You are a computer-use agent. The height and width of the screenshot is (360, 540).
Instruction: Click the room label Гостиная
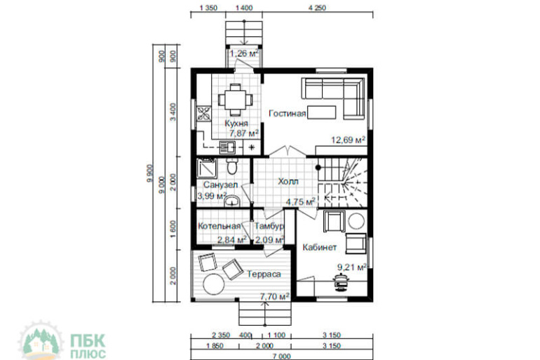click(x=287, y=114)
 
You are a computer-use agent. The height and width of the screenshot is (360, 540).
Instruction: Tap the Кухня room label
click(x=236, y=124)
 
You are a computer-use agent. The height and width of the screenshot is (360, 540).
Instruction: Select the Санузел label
click(x=220, y=185)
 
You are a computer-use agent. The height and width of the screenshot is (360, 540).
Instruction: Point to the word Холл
click(x=288, y=181)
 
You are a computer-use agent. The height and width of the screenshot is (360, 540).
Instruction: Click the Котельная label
click(x=219, y=226)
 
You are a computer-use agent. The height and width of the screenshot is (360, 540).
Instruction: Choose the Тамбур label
click(x=269, y=226)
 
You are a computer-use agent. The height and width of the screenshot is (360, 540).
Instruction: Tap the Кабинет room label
click(x=320, y=247)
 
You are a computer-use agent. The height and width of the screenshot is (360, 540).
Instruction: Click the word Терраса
click(x=264, y=274)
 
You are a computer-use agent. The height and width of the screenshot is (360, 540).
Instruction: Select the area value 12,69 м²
click(x=348, y=140)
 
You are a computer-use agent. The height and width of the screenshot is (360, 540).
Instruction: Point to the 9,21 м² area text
click(x=351, y=267)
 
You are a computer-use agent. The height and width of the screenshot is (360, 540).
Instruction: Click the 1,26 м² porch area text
click(x=244, y=53)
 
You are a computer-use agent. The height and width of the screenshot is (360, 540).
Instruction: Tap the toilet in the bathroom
click(x=231, y=166)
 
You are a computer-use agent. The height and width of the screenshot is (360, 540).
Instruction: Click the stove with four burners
click(x=203, y=114)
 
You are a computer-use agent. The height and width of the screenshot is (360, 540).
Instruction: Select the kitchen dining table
click(x=235, y=100)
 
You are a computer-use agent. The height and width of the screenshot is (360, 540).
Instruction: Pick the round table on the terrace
click(x=214, y=284)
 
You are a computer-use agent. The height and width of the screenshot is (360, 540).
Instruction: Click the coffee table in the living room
click(x=322, y=112)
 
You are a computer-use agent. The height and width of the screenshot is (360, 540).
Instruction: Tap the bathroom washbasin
click(x=232, y=201)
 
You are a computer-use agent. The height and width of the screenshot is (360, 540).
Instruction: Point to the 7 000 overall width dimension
click(x=282, y=356)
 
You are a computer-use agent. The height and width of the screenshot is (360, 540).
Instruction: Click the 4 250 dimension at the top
click(x=317, y=8)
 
